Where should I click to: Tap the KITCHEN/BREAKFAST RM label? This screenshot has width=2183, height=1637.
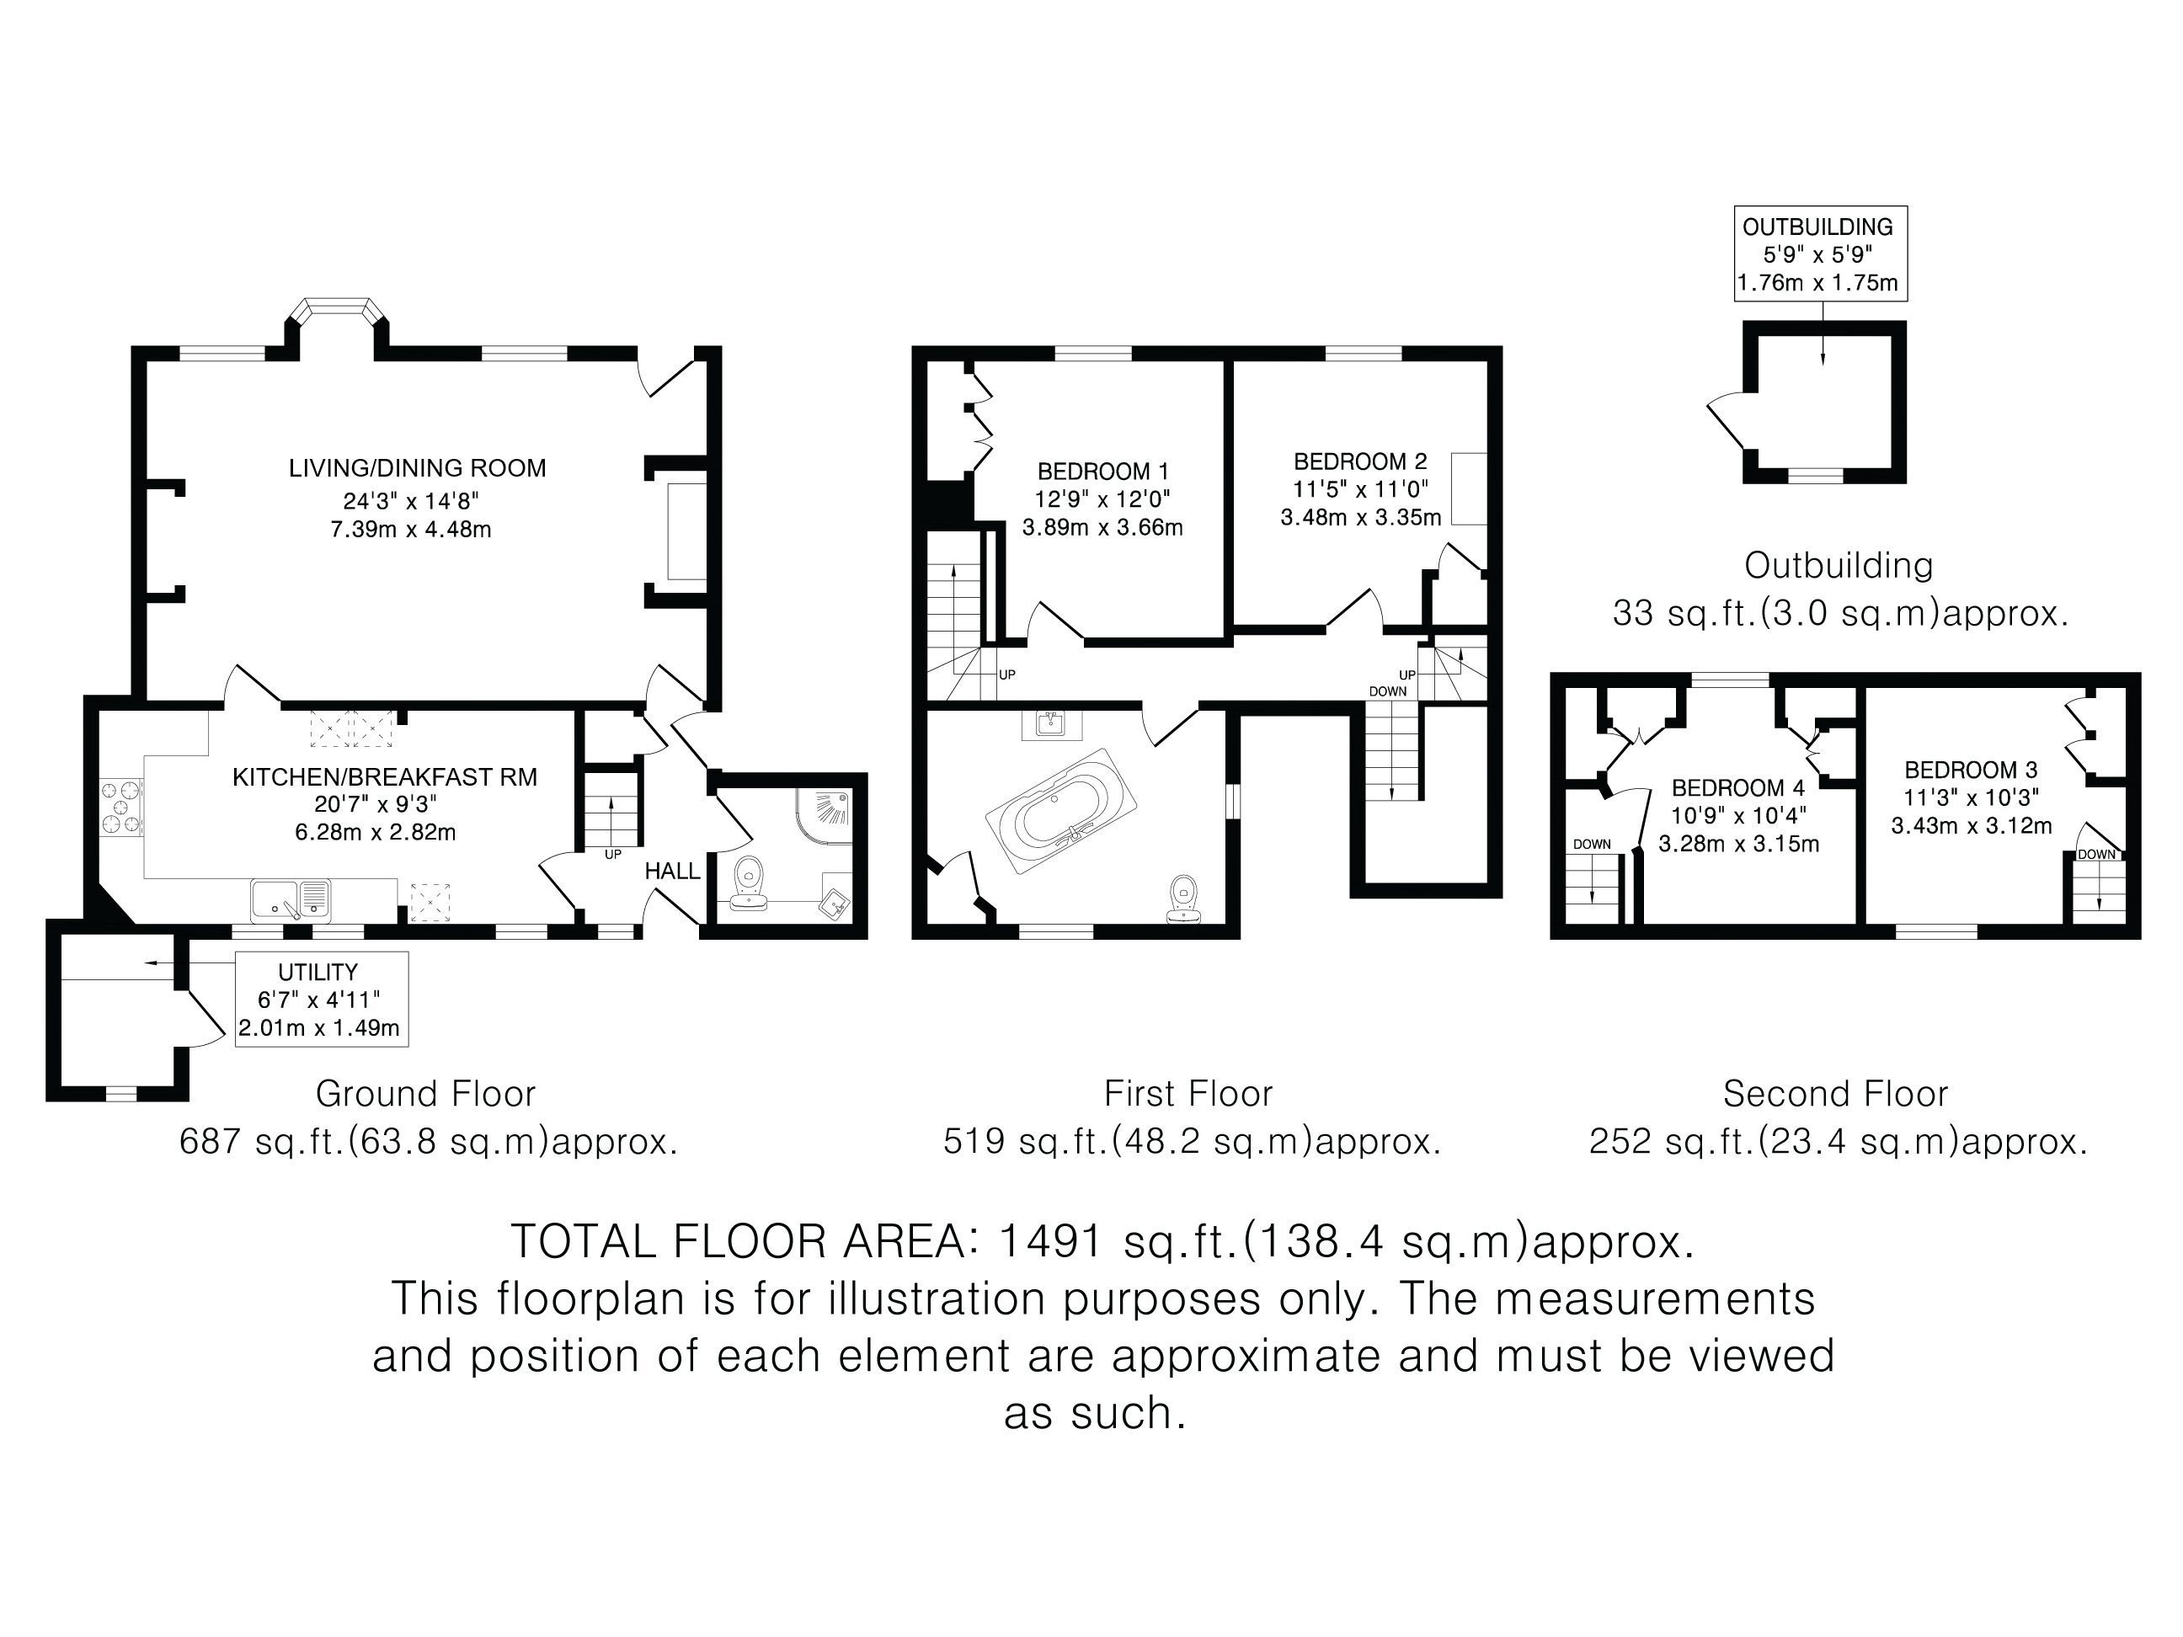pos(385,776)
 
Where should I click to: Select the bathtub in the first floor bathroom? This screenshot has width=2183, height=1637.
pos(1062,811)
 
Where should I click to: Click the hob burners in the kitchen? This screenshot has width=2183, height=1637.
pos(121,808)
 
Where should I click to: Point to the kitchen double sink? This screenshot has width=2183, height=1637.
pos(291,899)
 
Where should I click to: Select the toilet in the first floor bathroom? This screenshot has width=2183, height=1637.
pos(1183,899)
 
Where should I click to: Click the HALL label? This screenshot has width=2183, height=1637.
pos(672,871)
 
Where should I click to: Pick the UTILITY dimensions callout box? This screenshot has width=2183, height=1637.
pos(321,999)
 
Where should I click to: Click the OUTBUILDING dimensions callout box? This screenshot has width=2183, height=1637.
pos(1821,253)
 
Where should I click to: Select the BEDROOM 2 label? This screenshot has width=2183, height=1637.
pos(1360,461)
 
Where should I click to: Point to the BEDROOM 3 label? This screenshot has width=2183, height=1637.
pos(1970,769)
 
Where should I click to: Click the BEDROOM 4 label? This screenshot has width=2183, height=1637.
pos(1738,787)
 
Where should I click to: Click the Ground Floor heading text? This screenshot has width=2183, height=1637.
pos(425,1093)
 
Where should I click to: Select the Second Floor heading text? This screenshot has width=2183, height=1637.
pos(1836,1093)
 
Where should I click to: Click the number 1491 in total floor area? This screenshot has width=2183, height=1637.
pos(1050,1240)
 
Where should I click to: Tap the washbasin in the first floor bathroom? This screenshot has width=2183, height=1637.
pos(1052,725)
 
